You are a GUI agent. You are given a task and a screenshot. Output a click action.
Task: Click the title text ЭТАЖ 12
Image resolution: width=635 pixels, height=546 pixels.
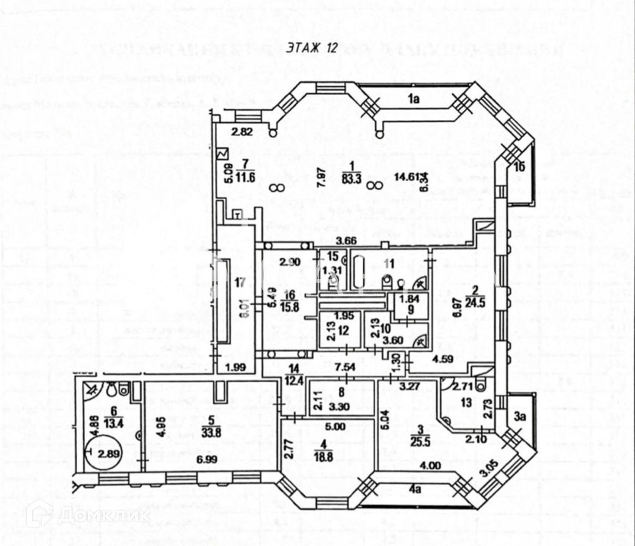click(x=309, y=48)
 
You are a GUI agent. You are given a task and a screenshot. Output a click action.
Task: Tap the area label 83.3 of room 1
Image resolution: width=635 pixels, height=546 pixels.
click(x=352, y=176)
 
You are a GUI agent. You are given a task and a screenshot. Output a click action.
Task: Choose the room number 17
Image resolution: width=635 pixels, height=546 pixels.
click(x=237, y=283)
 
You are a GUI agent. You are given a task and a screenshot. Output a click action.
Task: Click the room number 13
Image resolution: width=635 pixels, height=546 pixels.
click(x=465, y=403)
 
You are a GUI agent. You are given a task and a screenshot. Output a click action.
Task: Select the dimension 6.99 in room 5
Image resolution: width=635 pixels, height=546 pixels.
click(x=208, y=460)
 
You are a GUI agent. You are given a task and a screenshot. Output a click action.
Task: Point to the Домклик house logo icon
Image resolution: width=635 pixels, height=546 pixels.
click(x=39, y=514)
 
